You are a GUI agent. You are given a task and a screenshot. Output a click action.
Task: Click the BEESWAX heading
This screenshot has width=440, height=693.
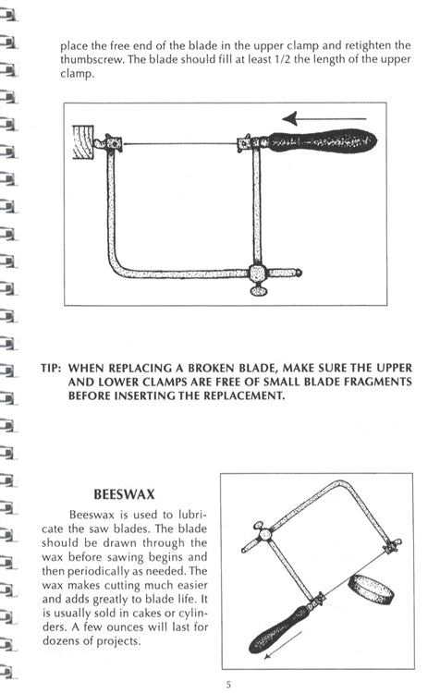[x=124, y=494]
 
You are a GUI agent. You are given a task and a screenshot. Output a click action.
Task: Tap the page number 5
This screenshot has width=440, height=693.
[x=228, y=685]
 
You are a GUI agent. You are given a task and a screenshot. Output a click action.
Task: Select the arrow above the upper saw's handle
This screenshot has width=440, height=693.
[x=324, y=118]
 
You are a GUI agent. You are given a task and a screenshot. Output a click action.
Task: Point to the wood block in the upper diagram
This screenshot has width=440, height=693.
[x=82, y=142]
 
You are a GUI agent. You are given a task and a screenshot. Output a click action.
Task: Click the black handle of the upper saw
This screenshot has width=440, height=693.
[x=322, y=141]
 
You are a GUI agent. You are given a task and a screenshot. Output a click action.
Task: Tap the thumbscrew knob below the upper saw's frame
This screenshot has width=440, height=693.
[x=259, y=291]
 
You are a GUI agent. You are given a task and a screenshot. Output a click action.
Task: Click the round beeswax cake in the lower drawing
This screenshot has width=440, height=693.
[x=370, y=590]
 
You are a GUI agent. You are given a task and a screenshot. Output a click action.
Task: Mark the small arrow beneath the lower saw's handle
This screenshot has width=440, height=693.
[x=283, y=645]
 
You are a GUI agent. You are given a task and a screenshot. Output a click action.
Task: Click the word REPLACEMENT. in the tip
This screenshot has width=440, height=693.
[x=244, y=395]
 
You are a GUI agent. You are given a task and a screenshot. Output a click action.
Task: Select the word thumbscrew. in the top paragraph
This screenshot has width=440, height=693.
[x=92, y=60]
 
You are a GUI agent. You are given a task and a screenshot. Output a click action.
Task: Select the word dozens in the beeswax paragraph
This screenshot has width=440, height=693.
[x=61, y=641]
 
